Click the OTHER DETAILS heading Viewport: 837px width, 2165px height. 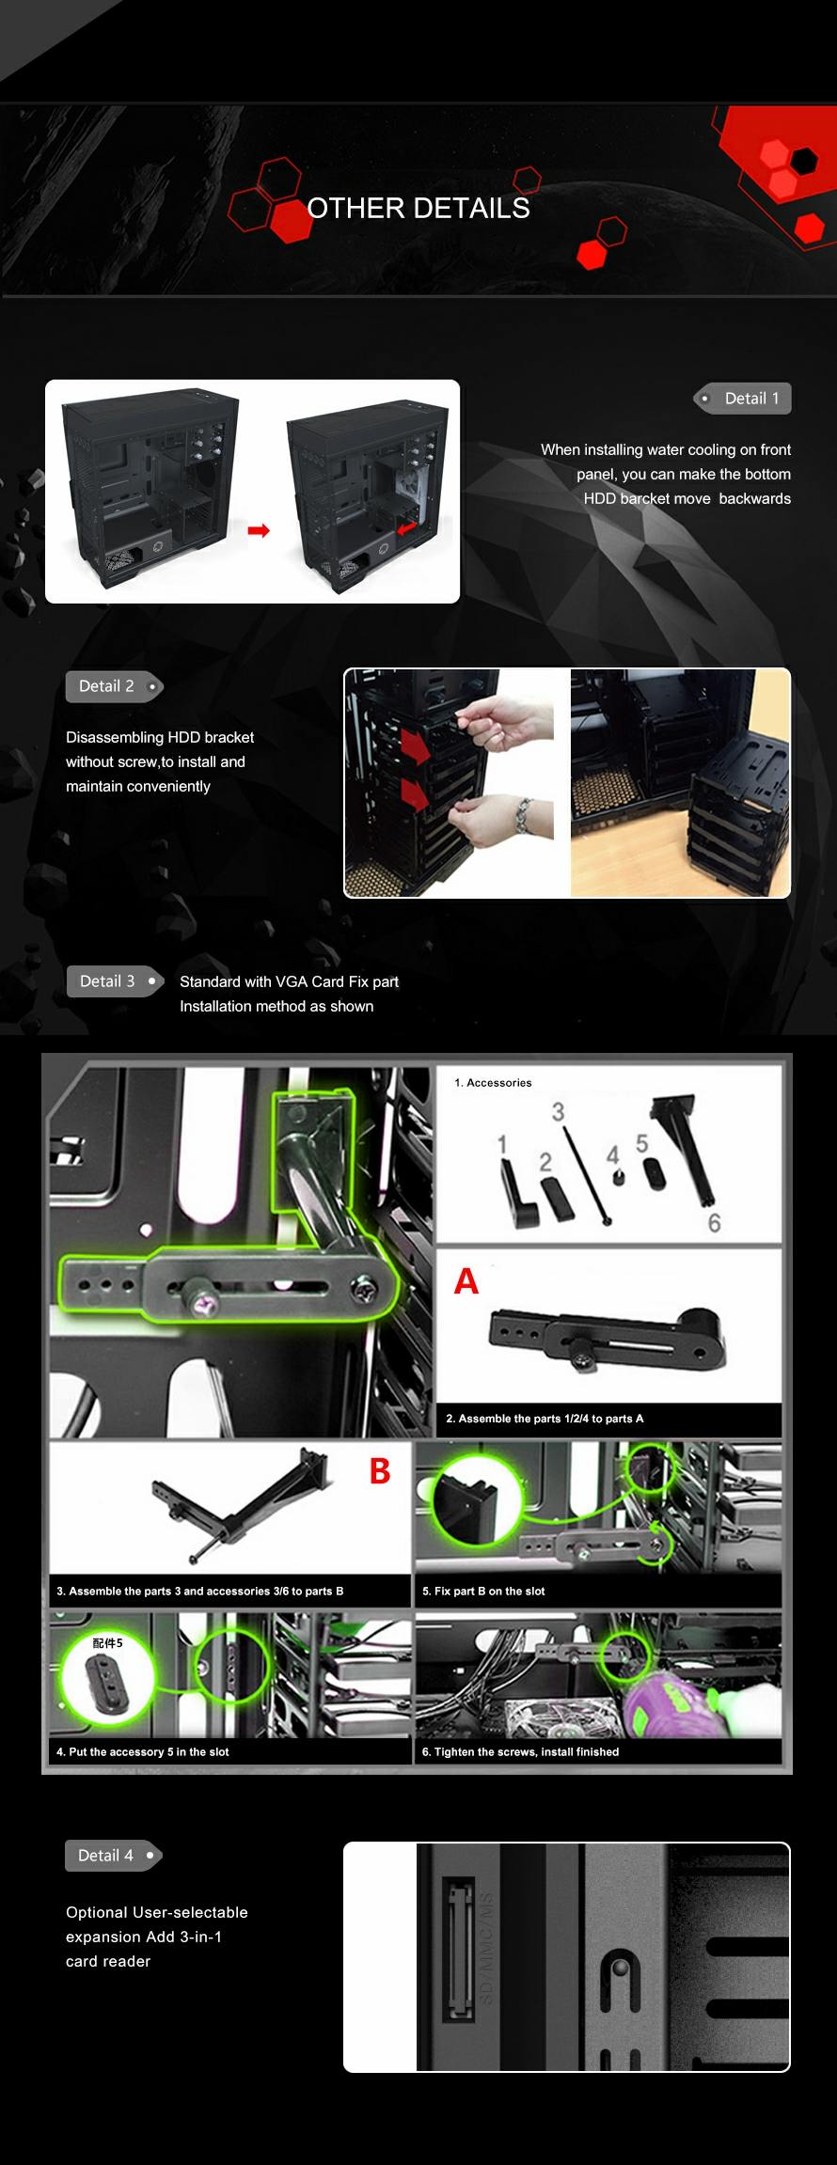418,208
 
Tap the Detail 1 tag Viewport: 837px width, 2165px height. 743,399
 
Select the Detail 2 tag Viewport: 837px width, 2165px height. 114,686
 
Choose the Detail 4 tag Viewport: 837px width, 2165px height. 114,1856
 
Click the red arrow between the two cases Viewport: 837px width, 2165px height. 259,530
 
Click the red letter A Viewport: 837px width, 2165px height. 466,1281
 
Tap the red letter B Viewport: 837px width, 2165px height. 380,1471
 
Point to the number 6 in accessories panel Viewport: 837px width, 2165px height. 715,1223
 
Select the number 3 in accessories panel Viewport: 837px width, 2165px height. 558,1112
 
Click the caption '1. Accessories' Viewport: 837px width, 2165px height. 493,1083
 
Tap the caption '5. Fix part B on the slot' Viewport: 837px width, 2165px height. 483,1592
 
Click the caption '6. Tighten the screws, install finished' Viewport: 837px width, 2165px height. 520,1752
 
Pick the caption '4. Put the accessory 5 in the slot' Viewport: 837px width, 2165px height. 142,1752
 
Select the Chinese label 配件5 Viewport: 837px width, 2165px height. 107,1643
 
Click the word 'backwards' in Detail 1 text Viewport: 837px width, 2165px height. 755,499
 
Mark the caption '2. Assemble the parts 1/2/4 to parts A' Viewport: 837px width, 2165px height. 545,1419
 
